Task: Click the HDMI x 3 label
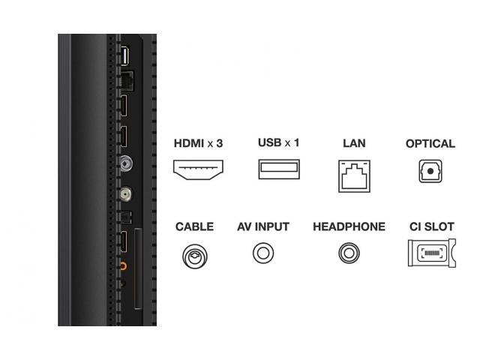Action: pos(198,143)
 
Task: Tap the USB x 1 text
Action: pos(278,142)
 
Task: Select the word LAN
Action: pos(354,143)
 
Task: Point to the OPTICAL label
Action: pos(430,143)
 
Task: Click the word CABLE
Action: pos(195,226)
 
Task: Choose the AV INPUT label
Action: pos(263,226)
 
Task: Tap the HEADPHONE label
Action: pos(349,226)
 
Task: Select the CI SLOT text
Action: pos(432,226)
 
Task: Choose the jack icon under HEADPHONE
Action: pos(340,253)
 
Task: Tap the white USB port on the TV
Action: pos(124,55)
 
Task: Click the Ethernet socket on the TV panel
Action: pos(127,80)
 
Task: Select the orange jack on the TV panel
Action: pos(123,265)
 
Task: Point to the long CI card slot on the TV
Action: pos(138,268)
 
